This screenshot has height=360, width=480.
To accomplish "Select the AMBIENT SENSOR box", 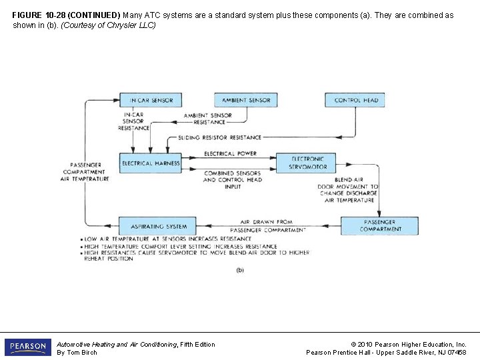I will click(245, 100).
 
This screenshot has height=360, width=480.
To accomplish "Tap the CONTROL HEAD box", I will click(355, 100).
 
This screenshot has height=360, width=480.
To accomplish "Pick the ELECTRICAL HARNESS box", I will click(150, 163).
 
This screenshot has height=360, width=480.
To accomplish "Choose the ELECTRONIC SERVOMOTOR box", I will click(307, 163).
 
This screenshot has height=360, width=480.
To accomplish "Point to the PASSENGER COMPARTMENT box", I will click(380, 225).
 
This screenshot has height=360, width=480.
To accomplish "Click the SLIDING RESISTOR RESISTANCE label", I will click(219, 137).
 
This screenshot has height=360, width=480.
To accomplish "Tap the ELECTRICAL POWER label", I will click(231, 154).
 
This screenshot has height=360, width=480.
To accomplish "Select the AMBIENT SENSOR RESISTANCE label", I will click(208, 119).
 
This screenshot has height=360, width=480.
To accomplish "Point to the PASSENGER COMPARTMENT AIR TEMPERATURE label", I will click(85, 171).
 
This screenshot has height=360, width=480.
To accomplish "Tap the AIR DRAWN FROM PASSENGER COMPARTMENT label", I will click(267, 225).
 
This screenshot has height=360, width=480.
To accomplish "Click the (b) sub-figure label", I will click(240, 270).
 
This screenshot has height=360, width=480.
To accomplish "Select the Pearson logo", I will click(27, 347).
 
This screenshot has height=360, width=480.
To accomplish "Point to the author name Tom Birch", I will click(77, 353).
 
